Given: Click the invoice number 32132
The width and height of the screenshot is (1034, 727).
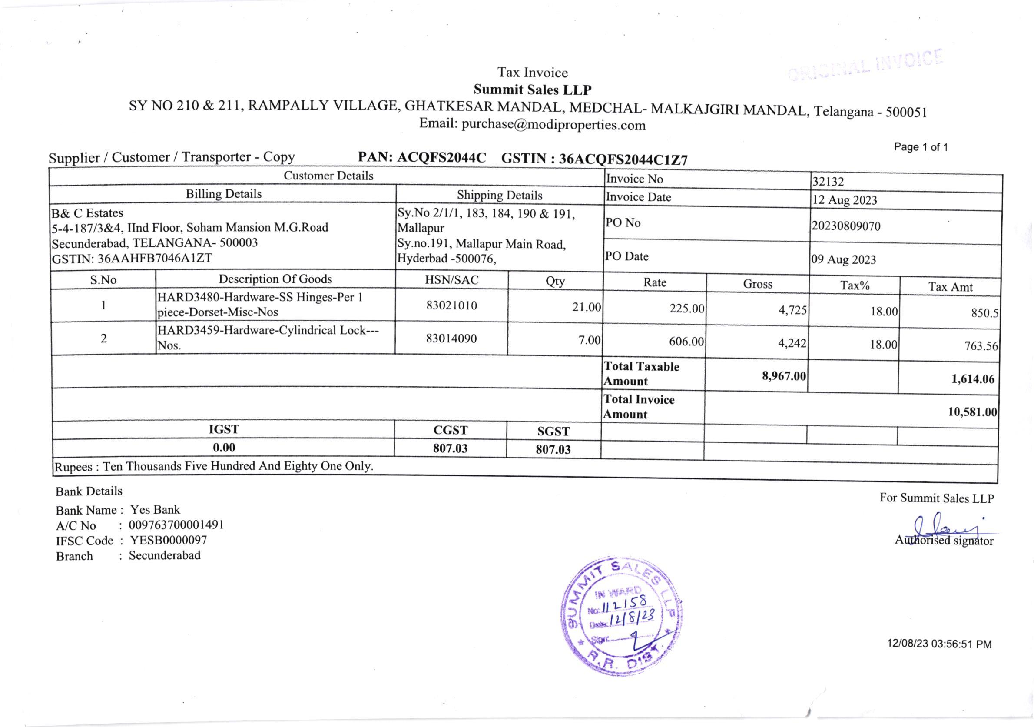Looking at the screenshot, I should (828, 182).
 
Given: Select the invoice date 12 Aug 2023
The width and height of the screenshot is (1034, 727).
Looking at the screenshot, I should (845, 200).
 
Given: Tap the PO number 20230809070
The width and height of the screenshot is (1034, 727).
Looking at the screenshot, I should (846, 226).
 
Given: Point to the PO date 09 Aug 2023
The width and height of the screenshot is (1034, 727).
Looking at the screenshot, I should (844, 259).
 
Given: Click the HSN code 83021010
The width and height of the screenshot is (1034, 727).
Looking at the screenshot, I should (451, 305).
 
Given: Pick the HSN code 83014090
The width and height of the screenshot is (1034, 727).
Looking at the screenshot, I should (451, 339).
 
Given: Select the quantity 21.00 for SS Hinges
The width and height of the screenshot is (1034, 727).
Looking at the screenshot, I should (587, 307).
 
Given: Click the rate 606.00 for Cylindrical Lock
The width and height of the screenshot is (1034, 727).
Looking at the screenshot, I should (686, 342).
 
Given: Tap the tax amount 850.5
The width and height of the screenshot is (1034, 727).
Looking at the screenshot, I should (984, 312).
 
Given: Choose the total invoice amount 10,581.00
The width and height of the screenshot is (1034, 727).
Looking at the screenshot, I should (972, 412).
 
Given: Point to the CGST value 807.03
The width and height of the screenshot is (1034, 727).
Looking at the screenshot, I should (450, 448).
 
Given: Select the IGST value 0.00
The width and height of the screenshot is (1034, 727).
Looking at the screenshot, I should (224, 447).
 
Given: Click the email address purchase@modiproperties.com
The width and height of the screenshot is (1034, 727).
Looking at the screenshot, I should (553, 125).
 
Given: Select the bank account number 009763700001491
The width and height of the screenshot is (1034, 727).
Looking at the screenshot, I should (176, 525).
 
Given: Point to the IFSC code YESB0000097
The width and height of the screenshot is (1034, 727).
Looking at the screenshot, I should (169, 540).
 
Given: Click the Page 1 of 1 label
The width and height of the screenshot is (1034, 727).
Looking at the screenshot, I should (921, 147).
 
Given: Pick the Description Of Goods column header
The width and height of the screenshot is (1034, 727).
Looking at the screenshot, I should (275, 279).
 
